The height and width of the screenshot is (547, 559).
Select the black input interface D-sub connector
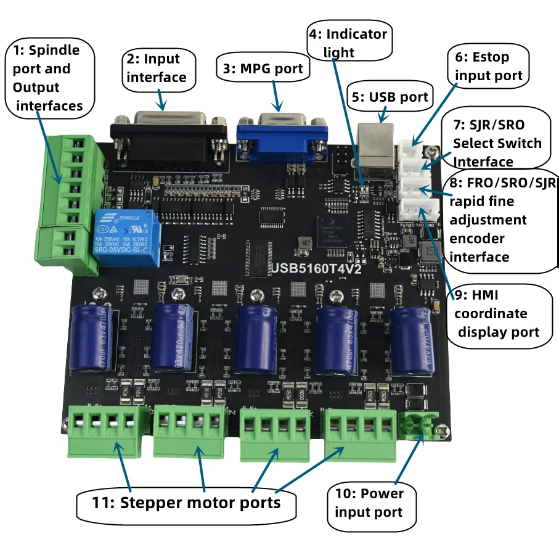tap(169, 139)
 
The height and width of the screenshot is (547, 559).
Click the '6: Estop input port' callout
tap(488, 66)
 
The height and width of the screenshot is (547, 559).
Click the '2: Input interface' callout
tap(161, 68)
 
